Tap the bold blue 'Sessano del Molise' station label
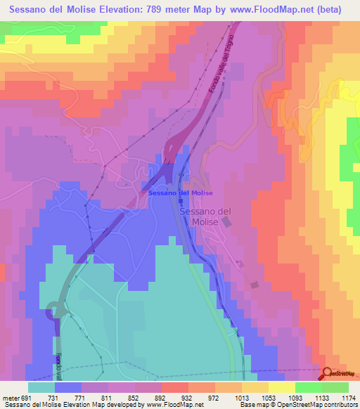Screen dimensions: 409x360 click(180, 193)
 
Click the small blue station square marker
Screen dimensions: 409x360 click(180, 200)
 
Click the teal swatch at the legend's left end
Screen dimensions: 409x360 click(41, 387)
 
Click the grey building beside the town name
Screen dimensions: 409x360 click(226, 222)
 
